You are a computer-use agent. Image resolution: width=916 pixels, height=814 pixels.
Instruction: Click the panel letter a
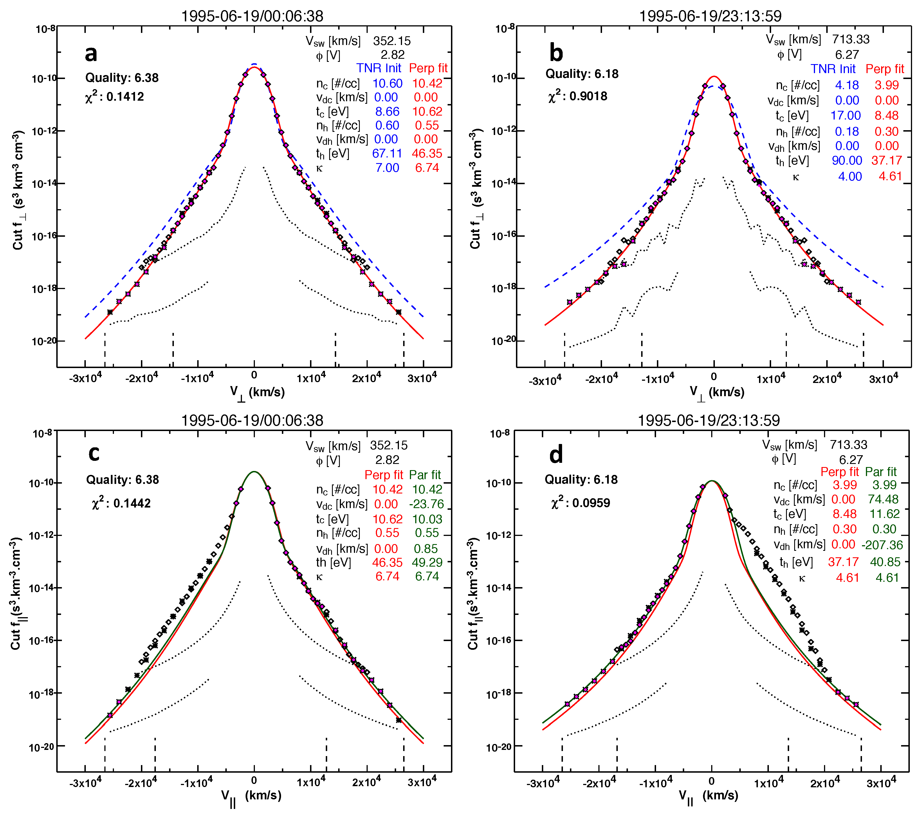pyautogui.click(x=91, y=53)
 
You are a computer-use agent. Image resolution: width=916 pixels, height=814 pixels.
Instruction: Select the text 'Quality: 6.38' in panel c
pyautogui.click(x=122, y=480)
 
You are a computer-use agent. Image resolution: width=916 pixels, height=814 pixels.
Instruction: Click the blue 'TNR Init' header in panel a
pyautogui.click(x=379, y=68)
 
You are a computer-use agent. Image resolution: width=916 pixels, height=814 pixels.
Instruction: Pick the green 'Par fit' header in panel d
pyautogui.click(x=880, y=472)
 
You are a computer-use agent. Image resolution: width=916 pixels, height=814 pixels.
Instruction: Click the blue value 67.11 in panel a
pyautogui.click(x=387, y=154)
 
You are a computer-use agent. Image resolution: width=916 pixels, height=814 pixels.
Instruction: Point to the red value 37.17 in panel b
pyautogui.click(x=886, y=160)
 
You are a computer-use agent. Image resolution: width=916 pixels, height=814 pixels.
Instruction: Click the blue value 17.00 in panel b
pyautogui.click(x=845, y=116)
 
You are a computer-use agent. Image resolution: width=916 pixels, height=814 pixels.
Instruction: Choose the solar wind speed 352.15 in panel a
pyautogui.click(x=392, y=41)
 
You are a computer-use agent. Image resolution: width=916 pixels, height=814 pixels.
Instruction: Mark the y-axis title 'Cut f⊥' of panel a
pyautogui.click(x=18, y=190)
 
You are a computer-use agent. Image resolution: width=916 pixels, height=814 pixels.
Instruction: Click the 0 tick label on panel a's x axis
pyautogui.click(x=254, y=375)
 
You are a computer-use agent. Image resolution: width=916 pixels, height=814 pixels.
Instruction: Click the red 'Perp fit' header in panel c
pyautogui.click(x=384, y=475)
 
